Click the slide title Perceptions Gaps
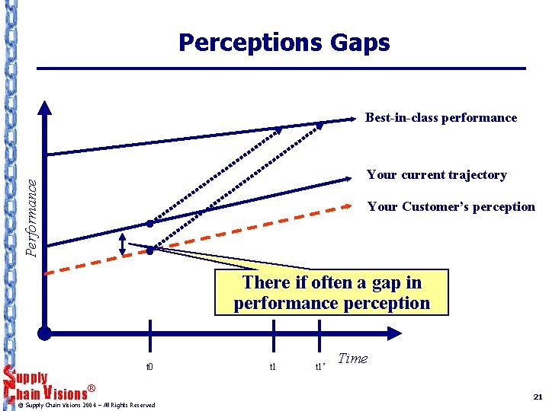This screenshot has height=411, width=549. pyautogui.click(x=284, y=43)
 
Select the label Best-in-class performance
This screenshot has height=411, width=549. pyautogui.click(x=441, y=118)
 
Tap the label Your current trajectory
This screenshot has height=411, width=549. pyautogui.click(x=436, y=175)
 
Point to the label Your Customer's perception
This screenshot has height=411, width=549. pyautogui.click(x=451, y=207)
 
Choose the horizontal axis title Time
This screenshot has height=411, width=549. pyautogui.click(x=352, y=358)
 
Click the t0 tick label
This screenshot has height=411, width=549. pyautogui.click(x=150, y=366)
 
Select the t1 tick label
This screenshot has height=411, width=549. pyautogui.click(x=273, y=366)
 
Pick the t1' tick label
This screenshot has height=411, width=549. pyautogui.click(x=321, y=367)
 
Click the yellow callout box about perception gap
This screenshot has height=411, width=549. pyautogui.click(x=332, y=293)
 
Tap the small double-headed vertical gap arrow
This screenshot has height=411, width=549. pyautogui.click(x=123, y=244)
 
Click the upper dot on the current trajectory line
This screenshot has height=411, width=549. pyautogui.click(x=151, y=224)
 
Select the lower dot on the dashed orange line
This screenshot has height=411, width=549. pyautogui.click(x=151, y=250)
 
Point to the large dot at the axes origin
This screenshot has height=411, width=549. pyautogui.click(x=45, y=333)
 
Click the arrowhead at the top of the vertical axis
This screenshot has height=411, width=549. pyautogui.click(x=45, y=107)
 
